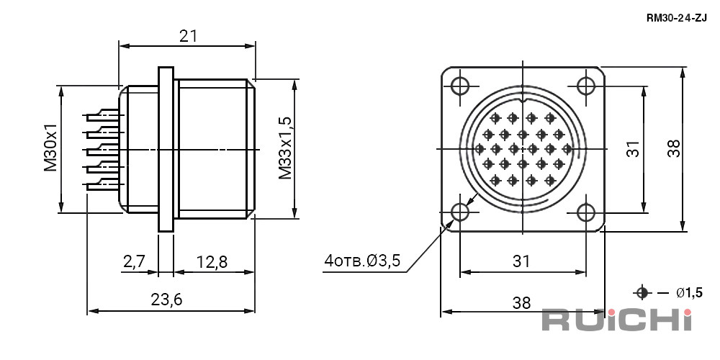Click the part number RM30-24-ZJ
[x=676, y=19]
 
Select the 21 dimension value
[x=188, y=36]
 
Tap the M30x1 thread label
[x=51, y=148]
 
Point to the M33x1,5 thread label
[x=285, y=148]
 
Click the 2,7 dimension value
[x=135, y=262]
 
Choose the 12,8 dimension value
[x=212, y=262]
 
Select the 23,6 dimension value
[x=167, y=300]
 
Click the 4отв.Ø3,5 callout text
[x=362, y=261]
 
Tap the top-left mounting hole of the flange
[x=459, y=86]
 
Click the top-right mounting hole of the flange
[x=586, y=86]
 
